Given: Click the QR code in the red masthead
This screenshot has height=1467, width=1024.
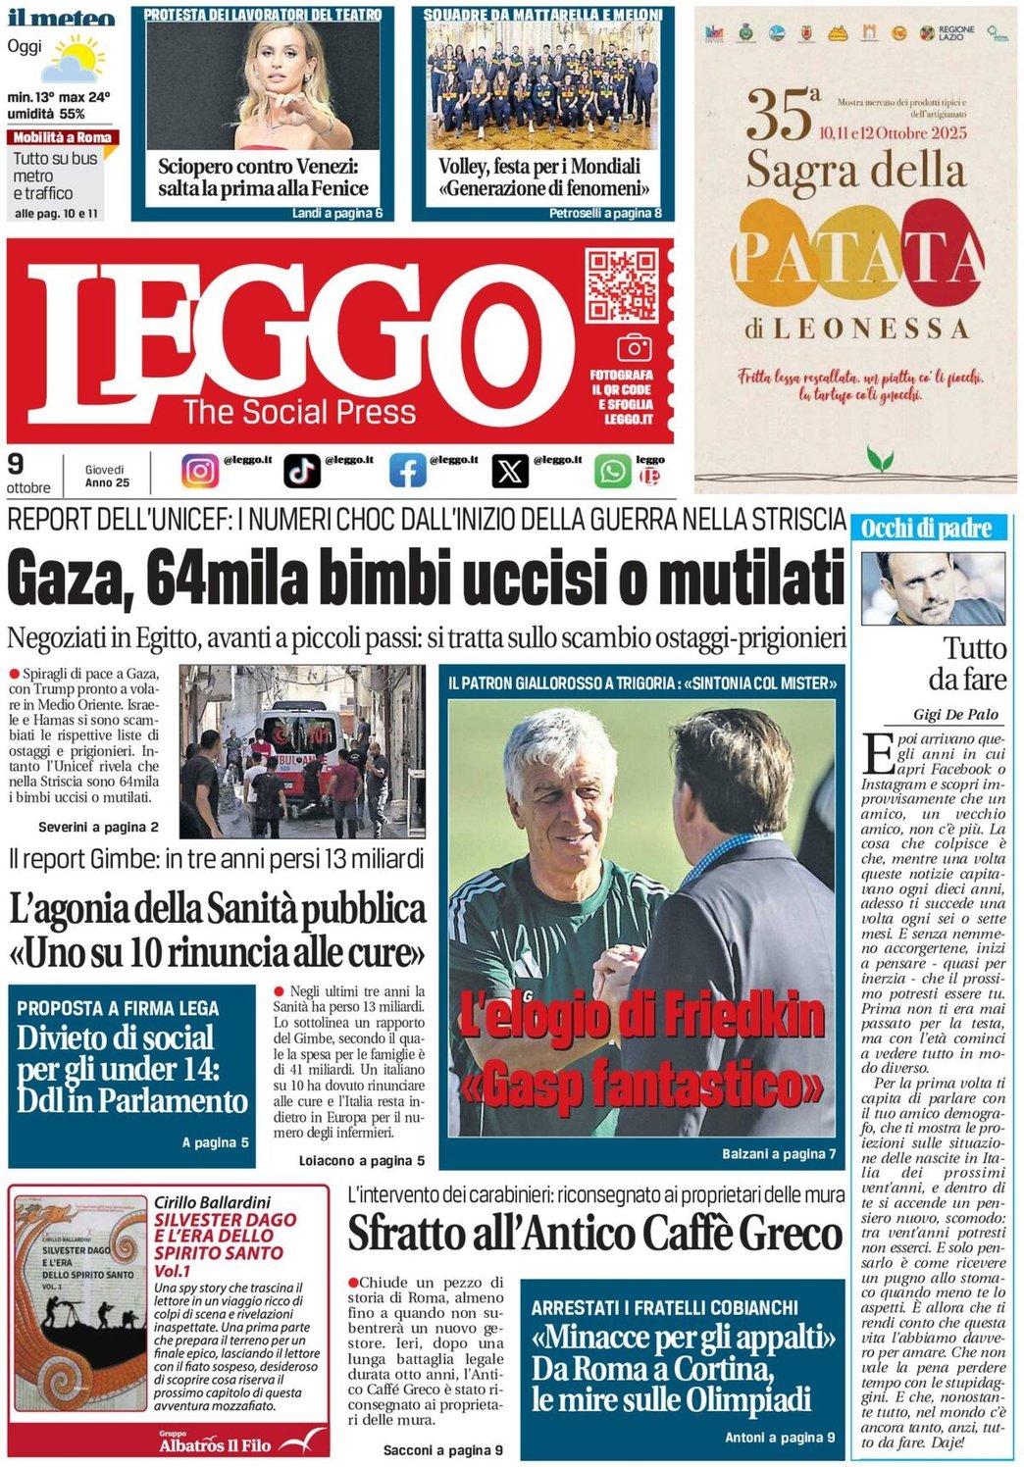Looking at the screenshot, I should tap(621, 285).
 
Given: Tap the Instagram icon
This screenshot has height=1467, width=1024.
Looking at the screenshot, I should tap(200, 472).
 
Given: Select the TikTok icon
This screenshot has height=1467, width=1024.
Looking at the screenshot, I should tap(302, 472).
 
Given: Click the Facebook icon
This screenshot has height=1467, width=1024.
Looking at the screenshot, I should tap(407, 472).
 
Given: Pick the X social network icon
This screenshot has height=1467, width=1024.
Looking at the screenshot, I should tap(509, 472).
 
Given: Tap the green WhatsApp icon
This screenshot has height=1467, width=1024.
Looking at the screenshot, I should tap(613, 472).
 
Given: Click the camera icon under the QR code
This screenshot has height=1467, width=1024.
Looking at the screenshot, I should tap(634, 348).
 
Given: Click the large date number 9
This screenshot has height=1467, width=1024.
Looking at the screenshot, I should tap(16, 464).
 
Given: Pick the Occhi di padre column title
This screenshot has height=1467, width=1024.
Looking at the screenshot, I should tap(926, 530).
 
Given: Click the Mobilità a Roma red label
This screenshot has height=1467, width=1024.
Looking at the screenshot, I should tap(63, 138).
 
